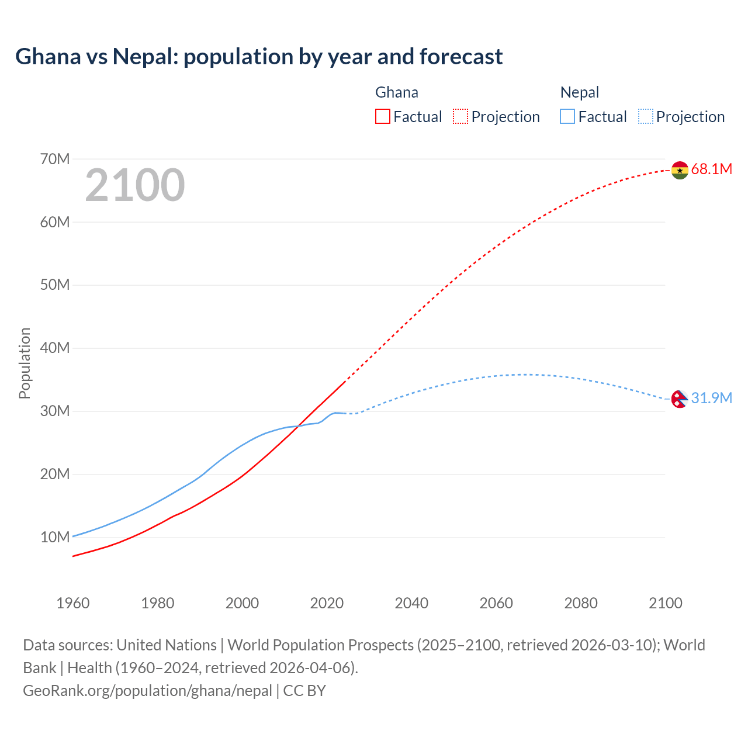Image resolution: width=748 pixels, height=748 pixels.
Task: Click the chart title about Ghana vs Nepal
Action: [x=259, y=57]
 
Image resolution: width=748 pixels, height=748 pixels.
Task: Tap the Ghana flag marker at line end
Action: [x=680, y=170]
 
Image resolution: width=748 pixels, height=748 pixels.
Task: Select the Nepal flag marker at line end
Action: [x=678, y=399]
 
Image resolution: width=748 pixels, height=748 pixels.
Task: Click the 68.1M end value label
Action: [x=711, y=169]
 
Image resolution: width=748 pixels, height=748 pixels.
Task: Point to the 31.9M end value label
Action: [x=711, y=399]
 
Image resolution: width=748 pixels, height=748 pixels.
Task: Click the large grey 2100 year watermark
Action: [x=135, y=186]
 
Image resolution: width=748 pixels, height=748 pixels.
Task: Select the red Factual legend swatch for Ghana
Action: [x=383, y=116]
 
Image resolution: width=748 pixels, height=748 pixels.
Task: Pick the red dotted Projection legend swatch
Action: [x=460, y=116]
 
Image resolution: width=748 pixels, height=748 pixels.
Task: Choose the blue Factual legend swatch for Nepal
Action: [x=567, y=116]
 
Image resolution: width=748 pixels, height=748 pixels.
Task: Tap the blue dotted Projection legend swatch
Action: [x=645, y=116]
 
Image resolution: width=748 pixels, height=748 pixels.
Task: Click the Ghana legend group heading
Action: [x=397, y=92]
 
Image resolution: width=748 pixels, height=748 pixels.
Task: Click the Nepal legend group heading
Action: [x=580, y=92]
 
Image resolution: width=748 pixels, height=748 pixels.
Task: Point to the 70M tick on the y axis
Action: [x=55, y=159]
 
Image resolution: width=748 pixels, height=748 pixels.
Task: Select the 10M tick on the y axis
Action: [x=55, y=537]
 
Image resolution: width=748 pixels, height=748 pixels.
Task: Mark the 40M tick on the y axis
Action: [x=55, y=348]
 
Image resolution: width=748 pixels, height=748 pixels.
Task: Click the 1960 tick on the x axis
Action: [x=73, y=603]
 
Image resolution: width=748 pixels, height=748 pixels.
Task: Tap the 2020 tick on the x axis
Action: [x=327, y=603]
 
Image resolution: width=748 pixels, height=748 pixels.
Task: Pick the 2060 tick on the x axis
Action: [x=496, y=603]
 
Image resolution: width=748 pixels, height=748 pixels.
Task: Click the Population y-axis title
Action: [x=25, y=363]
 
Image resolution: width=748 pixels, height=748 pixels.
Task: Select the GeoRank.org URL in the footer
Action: [x=147, y=691]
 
